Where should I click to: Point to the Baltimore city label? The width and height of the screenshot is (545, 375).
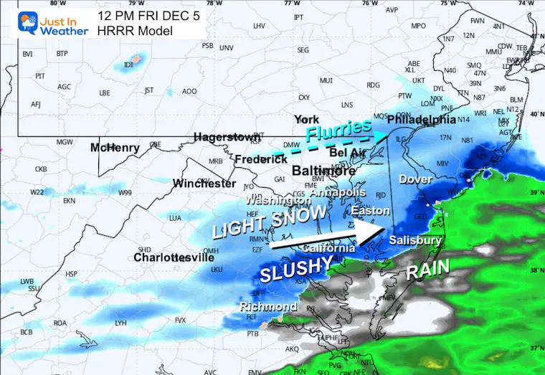pyautogui.click(x=324, y=171)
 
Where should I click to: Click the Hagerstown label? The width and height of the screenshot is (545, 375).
pyautogui.click(x=227, y=137)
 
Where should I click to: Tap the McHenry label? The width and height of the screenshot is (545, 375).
pyautogui.click(x=115, y=148)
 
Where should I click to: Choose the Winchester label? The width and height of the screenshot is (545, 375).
pyautogui.click(x=204, y=184)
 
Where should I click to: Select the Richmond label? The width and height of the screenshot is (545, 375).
pyautogui.click(x=268, y=307)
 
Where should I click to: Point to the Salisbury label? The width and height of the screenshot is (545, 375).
pyautogui.click(x=415, y=241)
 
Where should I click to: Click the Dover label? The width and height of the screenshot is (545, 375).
pyautogui.click(x=416, y=179)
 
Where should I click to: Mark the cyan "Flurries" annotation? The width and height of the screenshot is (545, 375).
pyautogui.click(x=336, y=130)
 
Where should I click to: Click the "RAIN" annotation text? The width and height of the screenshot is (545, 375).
pyautogui.click(x=428, y=270)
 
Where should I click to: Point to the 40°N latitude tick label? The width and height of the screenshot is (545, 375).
pyautogui.click(x=535, y=114)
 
